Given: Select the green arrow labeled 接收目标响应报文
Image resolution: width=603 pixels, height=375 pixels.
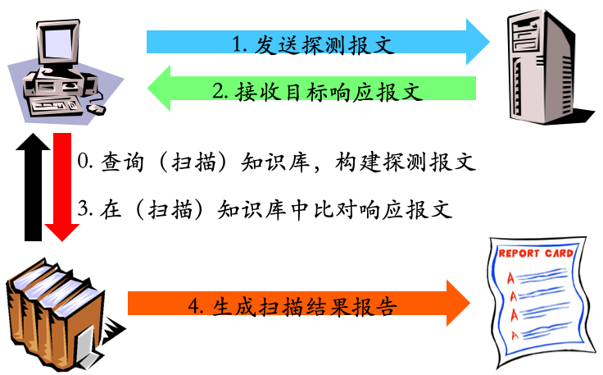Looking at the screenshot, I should point(311,89).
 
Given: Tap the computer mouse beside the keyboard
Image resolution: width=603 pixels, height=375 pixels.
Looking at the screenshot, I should point(97,107).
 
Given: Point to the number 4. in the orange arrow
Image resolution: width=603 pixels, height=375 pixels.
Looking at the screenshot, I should point(195,307).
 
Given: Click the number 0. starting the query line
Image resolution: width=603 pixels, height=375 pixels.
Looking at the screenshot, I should point(84,162).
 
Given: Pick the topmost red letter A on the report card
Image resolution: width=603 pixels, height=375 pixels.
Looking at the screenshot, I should point(511,275).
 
